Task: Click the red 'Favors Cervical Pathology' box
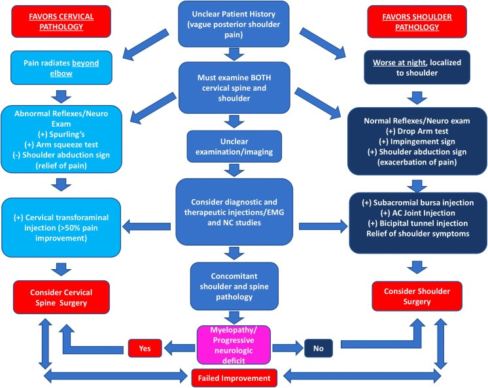(x=50, y=23)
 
